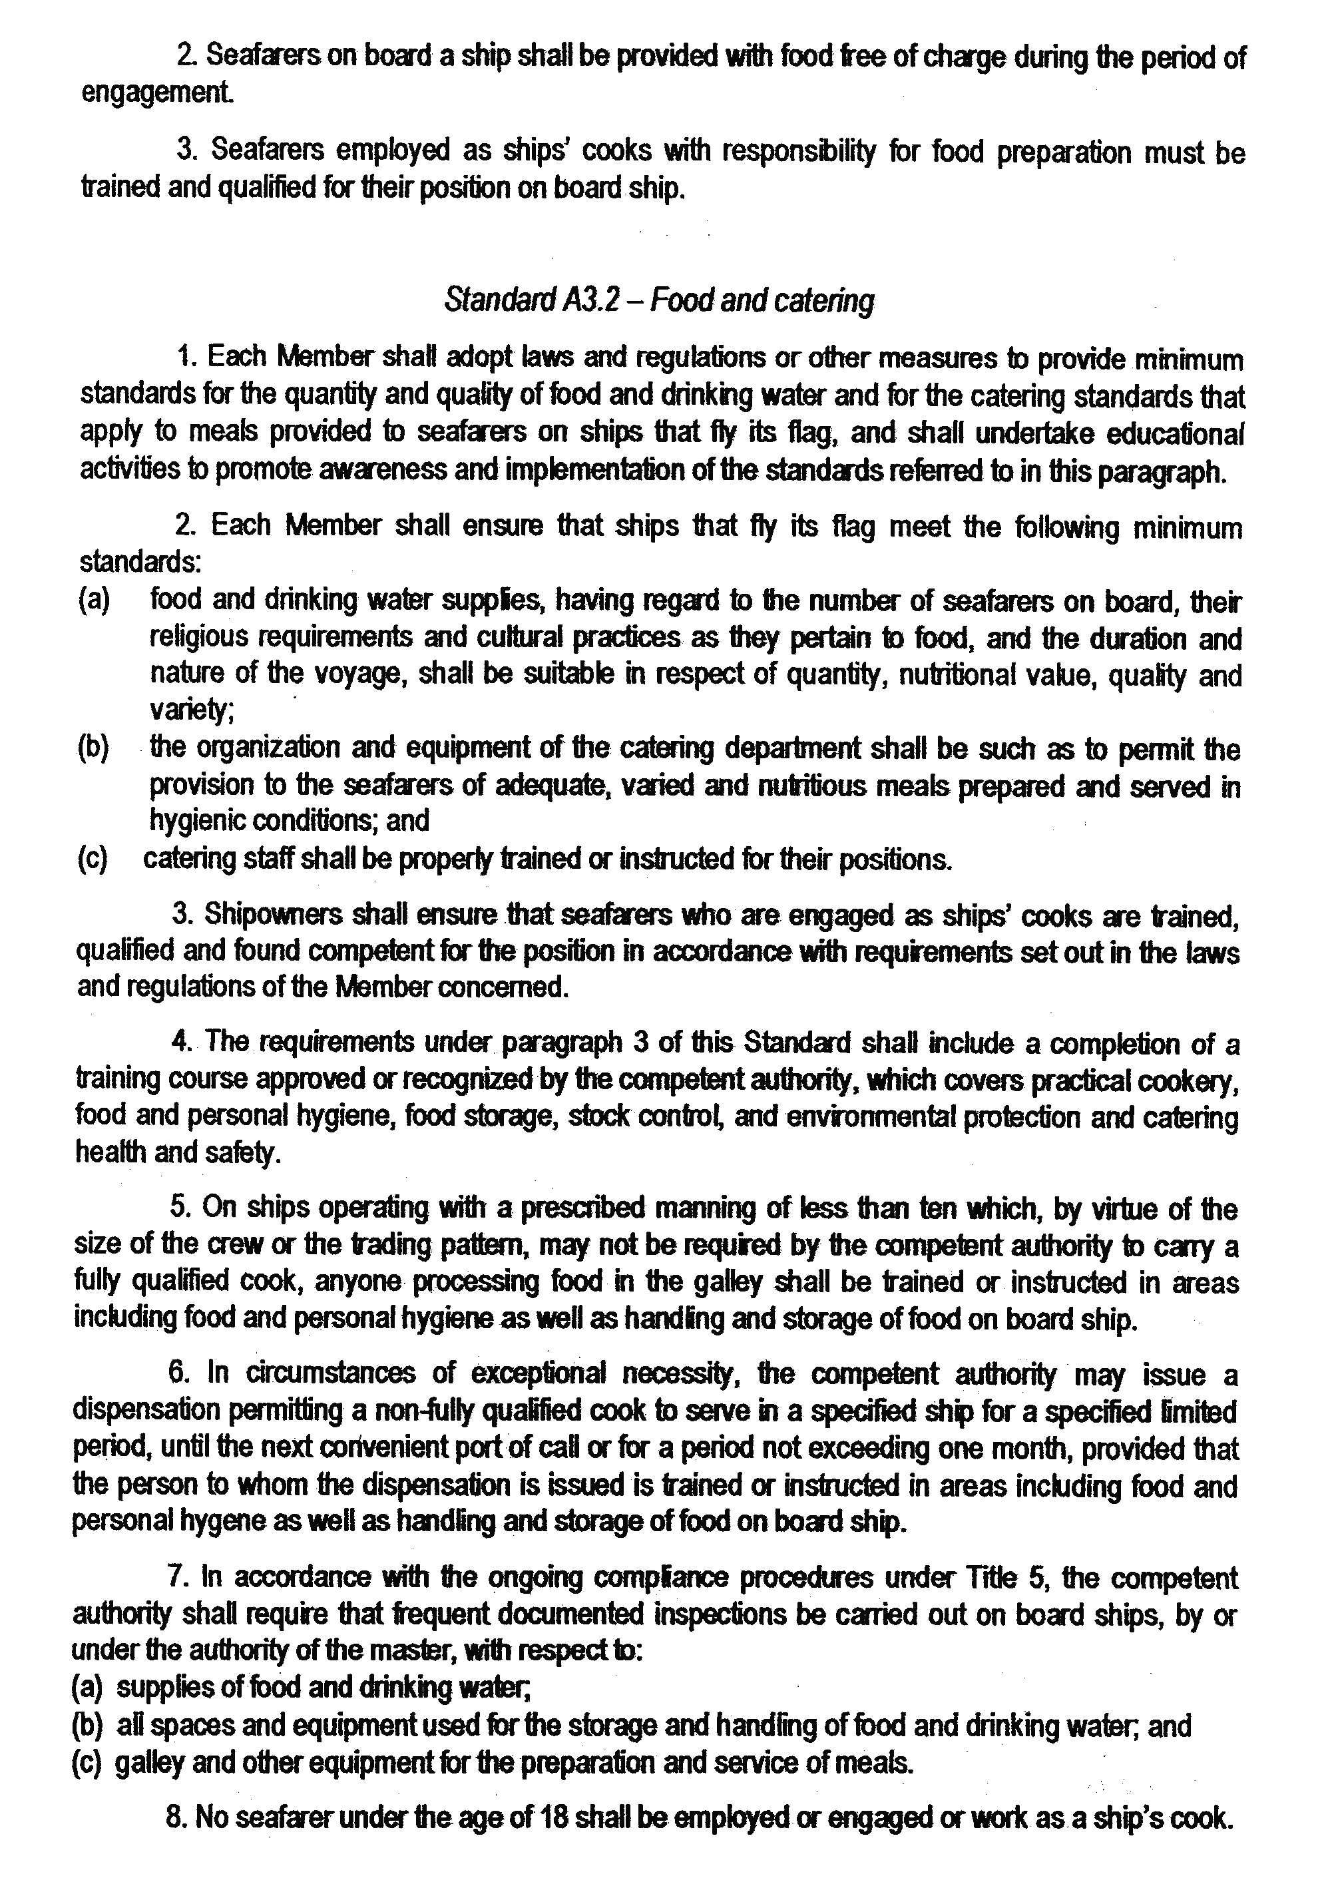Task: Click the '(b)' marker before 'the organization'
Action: click(x=93, y=748)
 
